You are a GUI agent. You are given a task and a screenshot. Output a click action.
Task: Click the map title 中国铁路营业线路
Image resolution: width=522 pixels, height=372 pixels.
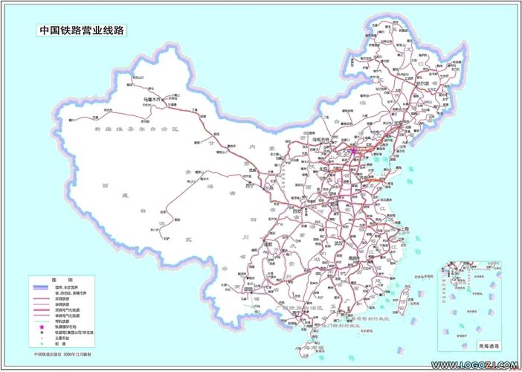pyautogui.click(x=82, y=32)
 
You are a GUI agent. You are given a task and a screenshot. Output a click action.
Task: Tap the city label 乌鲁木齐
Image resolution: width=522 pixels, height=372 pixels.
pyautogui.click(x=152, y=98)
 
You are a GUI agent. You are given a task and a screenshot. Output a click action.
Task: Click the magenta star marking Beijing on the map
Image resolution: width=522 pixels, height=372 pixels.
pyautogui.click(x=353, y=150)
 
